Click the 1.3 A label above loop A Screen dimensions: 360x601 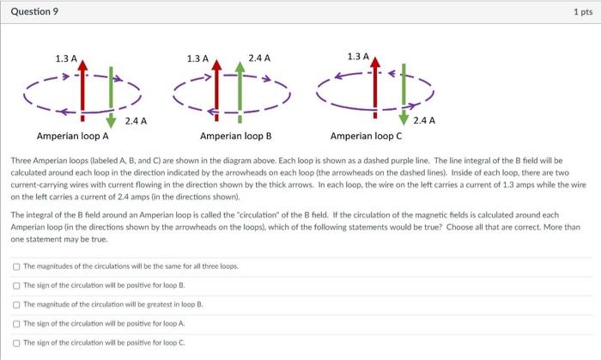66,58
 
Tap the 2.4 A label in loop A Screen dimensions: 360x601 136,120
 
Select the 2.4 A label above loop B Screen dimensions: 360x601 258,58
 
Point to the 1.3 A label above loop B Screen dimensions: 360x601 197,58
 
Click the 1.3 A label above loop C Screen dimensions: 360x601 358,57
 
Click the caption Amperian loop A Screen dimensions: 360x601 72,136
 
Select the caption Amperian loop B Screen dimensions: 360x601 235,136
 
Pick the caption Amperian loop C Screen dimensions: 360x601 366,136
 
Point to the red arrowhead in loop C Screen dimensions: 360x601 375,61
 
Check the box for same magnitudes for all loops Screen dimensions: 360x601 16,266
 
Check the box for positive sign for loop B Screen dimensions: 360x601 16,285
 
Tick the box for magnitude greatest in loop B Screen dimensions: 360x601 16,304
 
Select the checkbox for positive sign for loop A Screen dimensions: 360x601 16,323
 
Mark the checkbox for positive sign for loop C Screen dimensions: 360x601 16,342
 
